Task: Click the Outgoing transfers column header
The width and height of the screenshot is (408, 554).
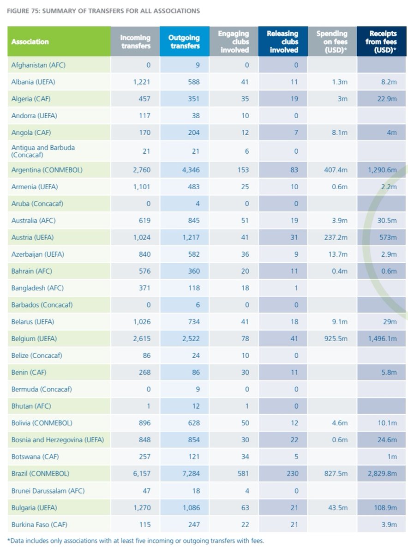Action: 184,42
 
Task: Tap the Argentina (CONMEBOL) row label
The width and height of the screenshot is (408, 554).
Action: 47,170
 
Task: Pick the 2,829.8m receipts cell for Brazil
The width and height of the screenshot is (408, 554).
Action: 381,474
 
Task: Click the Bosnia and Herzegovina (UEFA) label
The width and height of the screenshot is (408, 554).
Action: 57,440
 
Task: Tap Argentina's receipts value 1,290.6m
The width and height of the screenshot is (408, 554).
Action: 381,170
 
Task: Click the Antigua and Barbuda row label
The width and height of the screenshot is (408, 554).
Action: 43,151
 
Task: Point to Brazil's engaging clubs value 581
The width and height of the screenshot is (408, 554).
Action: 241,474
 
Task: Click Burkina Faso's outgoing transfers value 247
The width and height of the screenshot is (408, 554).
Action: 194,524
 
